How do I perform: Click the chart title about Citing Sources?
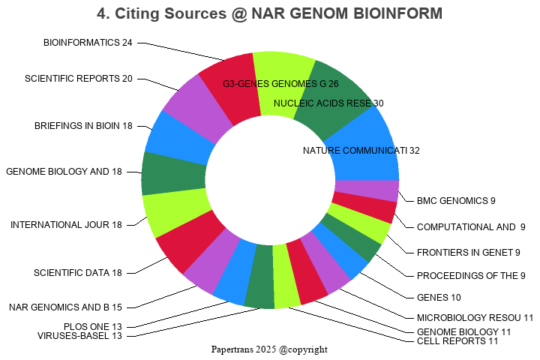coord(269,13)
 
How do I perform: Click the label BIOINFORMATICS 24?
coord(88,43)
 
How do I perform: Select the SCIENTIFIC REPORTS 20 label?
coord(79,79)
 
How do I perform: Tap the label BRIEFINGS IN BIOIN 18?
coord(83,126)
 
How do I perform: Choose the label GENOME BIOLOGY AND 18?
coord(64,172)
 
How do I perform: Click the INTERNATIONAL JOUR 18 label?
coord(66,225)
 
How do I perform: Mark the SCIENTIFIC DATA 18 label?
coord(78,272)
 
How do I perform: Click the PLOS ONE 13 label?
coord(93,326)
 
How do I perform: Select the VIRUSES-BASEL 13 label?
coord(79,336)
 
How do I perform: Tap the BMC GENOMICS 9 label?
coord(457,200)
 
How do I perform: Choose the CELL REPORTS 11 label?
coord(457,341)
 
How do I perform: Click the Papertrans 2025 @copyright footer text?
coord(269,349)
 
